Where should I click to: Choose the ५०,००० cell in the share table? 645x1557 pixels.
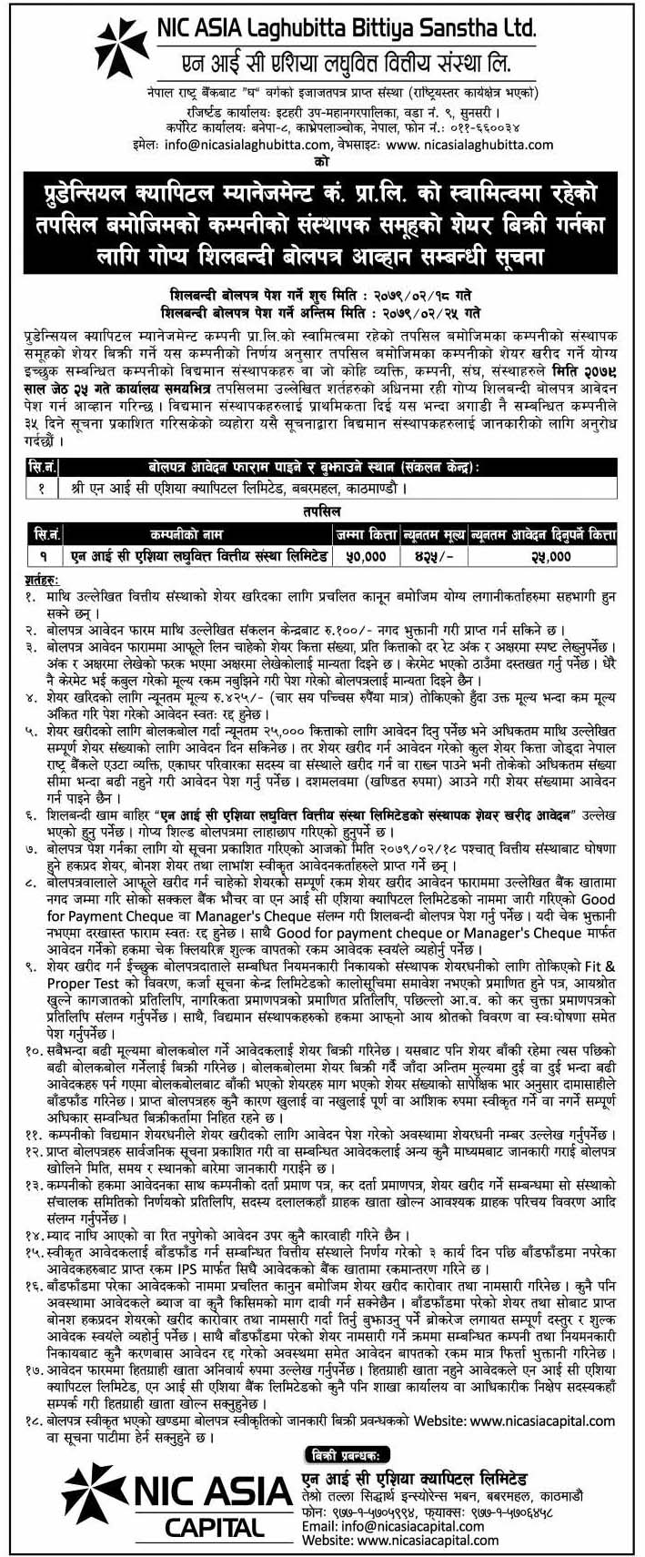coord(365,554)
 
